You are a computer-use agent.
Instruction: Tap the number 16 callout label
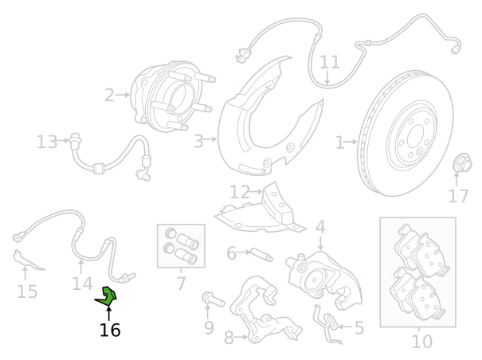coord(110,329)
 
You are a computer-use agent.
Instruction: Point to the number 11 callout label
coord(330,61)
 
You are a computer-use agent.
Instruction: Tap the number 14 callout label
coord(82,283)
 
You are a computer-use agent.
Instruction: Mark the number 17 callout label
coord(458,195)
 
